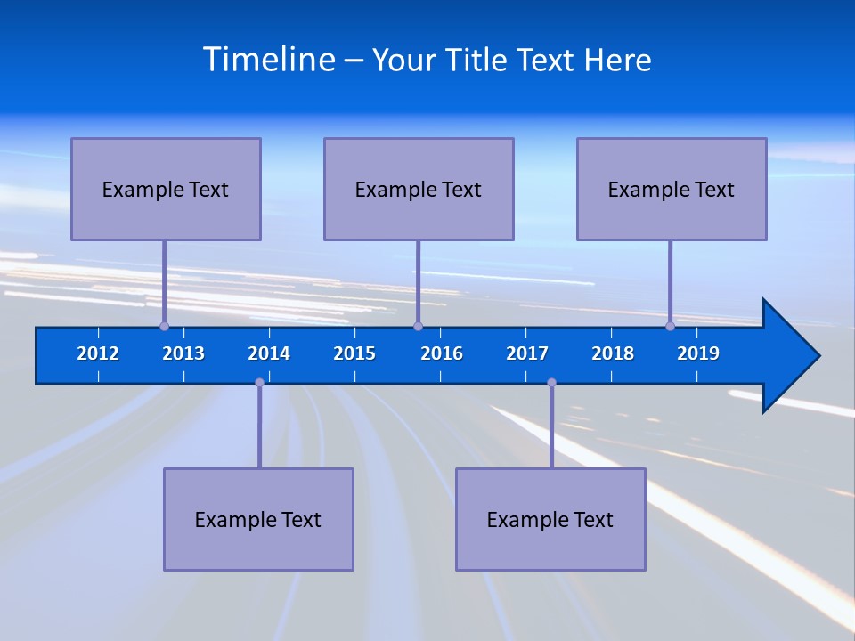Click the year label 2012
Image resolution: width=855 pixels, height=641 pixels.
[x=98, y=353]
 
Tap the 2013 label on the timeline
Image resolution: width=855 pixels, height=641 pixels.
[x=183, y=353]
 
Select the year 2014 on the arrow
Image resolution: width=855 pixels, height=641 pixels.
[x=269, y=353]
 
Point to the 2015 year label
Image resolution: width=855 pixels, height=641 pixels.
[x=354, y=353]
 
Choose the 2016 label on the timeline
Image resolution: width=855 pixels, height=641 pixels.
[x=442, y=353]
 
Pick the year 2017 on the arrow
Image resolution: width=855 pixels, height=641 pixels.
[x=527, y=353]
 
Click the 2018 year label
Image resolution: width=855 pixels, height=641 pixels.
[x=613, y=353]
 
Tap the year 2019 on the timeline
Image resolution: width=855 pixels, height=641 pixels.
[x=698, y=353]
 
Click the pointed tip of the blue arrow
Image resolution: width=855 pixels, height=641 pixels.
[x=817, y=356]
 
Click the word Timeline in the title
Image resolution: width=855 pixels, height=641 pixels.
[x=269, y=60]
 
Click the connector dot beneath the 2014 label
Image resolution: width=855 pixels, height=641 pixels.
[x=259, y=383]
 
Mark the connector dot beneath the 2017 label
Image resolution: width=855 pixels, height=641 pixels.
[x=551, y=383]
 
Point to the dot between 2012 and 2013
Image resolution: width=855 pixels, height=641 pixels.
[x=164, y=326]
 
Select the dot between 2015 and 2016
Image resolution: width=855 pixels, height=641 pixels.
[x=418, y=326]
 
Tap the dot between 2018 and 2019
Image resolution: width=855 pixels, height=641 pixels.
[x=670, y=326]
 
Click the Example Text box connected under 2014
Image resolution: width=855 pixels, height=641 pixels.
[x=258, y=519]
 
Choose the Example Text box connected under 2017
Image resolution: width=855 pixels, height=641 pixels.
[x=550, y=519]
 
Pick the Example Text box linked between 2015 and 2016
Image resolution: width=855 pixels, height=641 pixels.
[x=419, y=189]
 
